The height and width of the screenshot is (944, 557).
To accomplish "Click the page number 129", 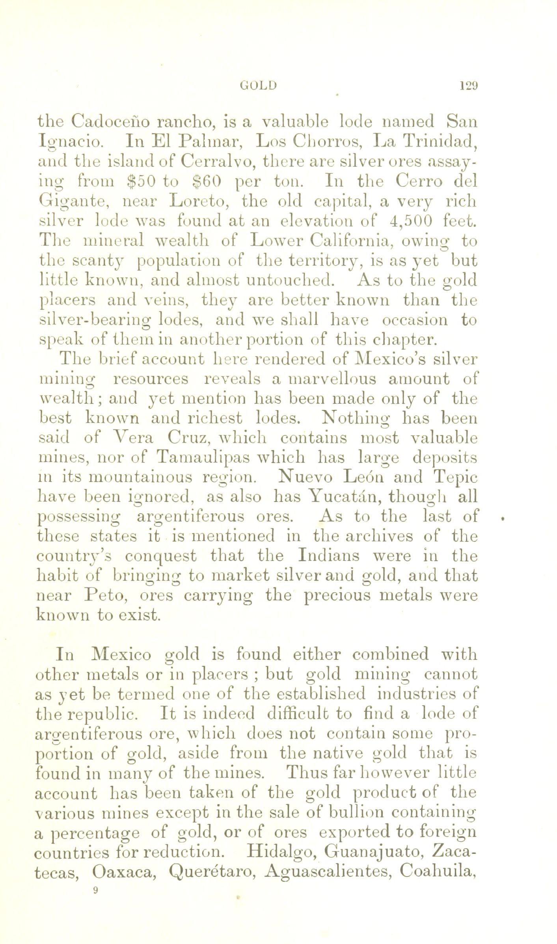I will [x=468, y=85].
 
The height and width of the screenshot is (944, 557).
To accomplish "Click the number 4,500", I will [x=408, y=221].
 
